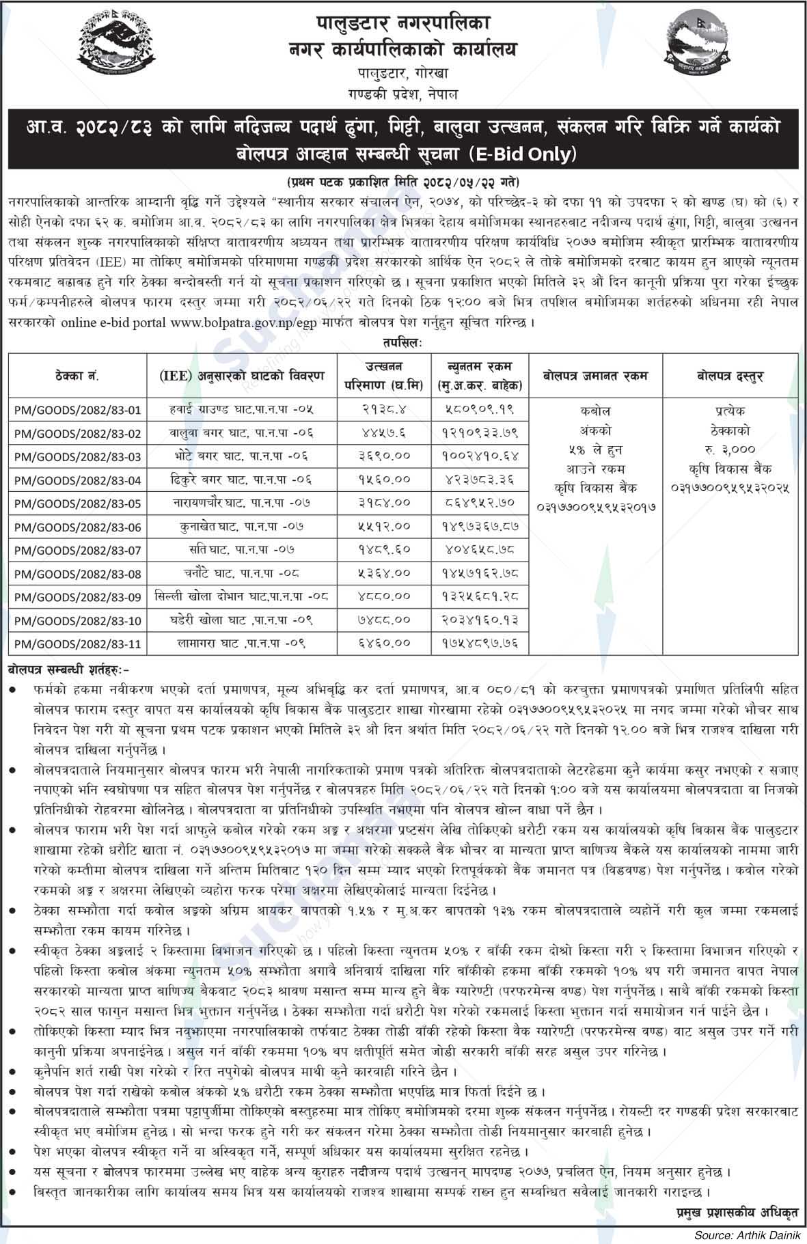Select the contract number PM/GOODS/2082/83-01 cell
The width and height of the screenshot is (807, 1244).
[x=77, y=411]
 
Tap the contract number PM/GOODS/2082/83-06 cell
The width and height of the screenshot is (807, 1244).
[x=77, y=527]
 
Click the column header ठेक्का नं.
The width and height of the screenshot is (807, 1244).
[x=77, y=376]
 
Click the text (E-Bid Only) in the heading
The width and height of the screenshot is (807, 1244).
[x=522, y=155]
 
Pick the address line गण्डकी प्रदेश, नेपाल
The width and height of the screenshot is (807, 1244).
[x=403, y=94]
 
